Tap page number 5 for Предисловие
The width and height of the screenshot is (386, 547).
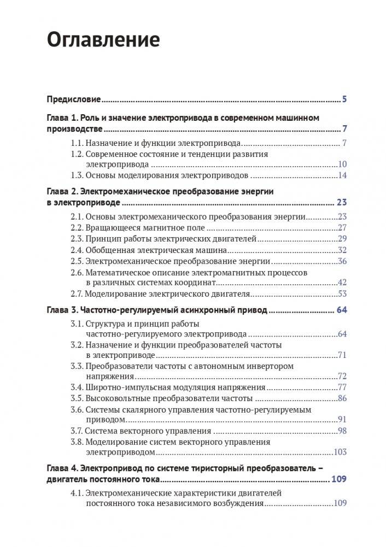point(344,99)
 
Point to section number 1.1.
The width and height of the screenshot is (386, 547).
point(77,144)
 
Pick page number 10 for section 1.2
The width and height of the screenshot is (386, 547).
point(343,164)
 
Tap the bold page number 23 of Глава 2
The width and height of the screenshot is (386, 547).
point(342,203)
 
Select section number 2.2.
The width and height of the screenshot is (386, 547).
point(77,228)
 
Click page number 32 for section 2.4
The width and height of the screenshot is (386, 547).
point(343,250)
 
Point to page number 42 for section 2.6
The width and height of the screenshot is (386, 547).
point(343,283)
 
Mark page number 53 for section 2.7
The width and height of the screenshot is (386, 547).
point(343,293)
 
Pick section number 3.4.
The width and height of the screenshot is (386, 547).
point(77,387)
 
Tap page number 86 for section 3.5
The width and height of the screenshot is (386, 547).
point(343,398)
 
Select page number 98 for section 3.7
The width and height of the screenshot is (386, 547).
point(343,431)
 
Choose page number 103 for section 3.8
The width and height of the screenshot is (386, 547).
point(341,453)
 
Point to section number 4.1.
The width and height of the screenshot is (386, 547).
point(77,493)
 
